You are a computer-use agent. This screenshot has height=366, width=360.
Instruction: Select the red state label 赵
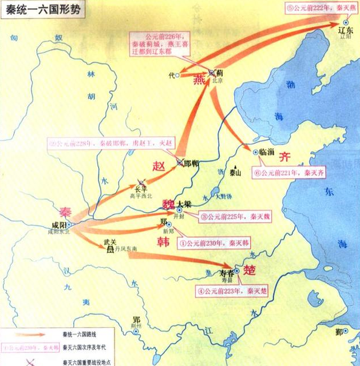click(x=159, y=166)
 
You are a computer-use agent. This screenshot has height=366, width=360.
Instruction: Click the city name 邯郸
click(x=192, y=164)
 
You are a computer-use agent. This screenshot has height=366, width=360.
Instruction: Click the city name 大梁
click(x=184, y=204)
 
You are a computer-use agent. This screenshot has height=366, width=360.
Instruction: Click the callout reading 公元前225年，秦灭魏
click(x=235, y=217)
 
